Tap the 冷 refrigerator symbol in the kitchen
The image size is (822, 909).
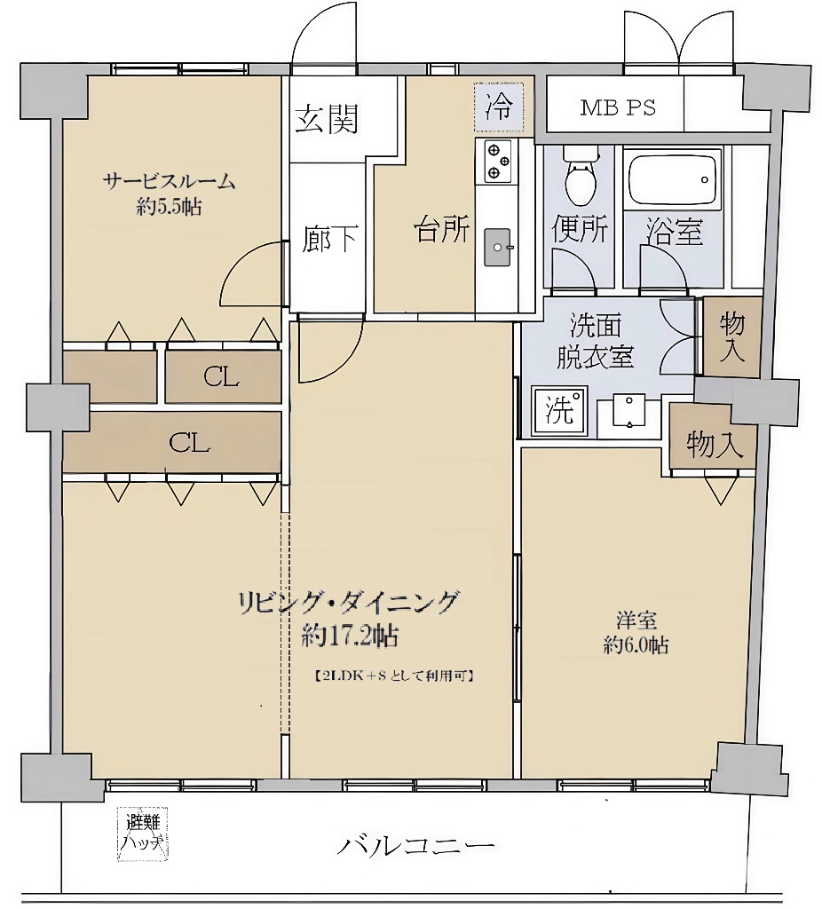coord(498,108)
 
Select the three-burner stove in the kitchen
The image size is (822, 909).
coord(497,161)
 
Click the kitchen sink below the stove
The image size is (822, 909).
coord(499,246)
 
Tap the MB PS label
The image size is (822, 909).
coord(618,108)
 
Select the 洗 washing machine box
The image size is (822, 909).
coord(559,411)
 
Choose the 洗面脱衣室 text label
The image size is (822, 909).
coord(595,341)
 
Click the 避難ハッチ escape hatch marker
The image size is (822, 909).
coord(143,835)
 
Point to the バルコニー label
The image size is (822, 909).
coord(415,845)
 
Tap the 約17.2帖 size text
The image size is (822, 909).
coord(349,635)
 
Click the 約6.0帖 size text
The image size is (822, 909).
coord(636,645)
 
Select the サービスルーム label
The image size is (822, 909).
coord(169,182)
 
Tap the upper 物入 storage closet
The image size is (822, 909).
coord(732,336)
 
